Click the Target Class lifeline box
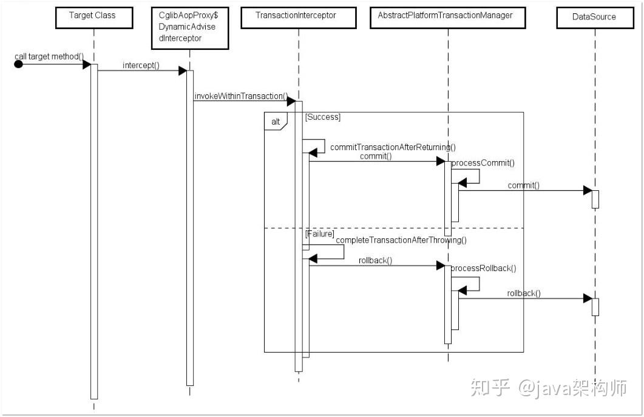click(93, 16)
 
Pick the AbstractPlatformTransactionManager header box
click(446, 16)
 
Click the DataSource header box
click(594, 16)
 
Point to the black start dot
click(18, 64)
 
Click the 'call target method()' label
click(49, 56)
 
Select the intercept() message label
click(141, 65)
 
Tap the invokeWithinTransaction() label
click(240, 96)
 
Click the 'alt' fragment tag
click(276, 122)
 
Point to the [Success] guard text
click(323, 117)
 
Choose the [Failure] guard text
click(319, 233)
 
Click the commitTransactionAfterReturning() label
click(393, 147)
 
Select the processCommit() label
click(483, 163)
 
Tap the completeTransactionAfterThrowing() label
click(401, 240)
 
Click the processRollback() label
click(484, 269)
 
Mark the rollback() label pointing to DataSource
click(524, 294)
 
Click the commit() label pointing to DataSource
click(523, 185)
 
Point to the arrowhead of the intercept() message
click(182, 71)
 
